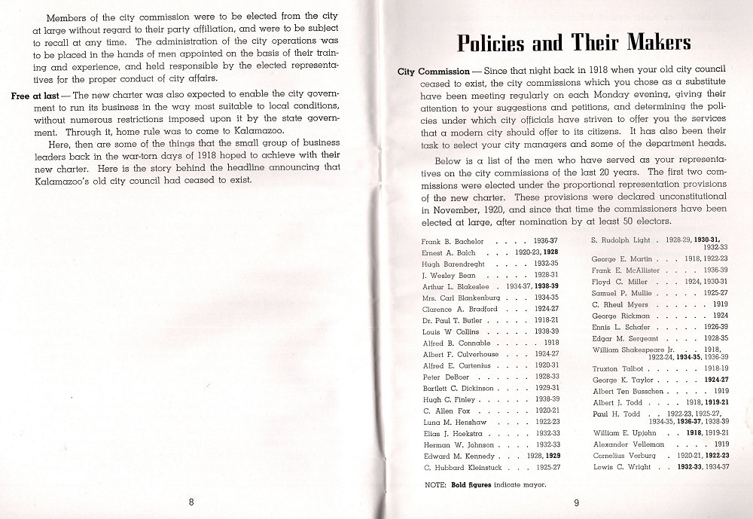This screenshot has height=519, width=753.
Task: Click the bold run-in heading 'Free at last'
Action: (x=38, y=96)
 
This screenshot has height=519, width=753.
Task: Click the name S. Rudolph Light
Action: (x=620, y=239)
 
